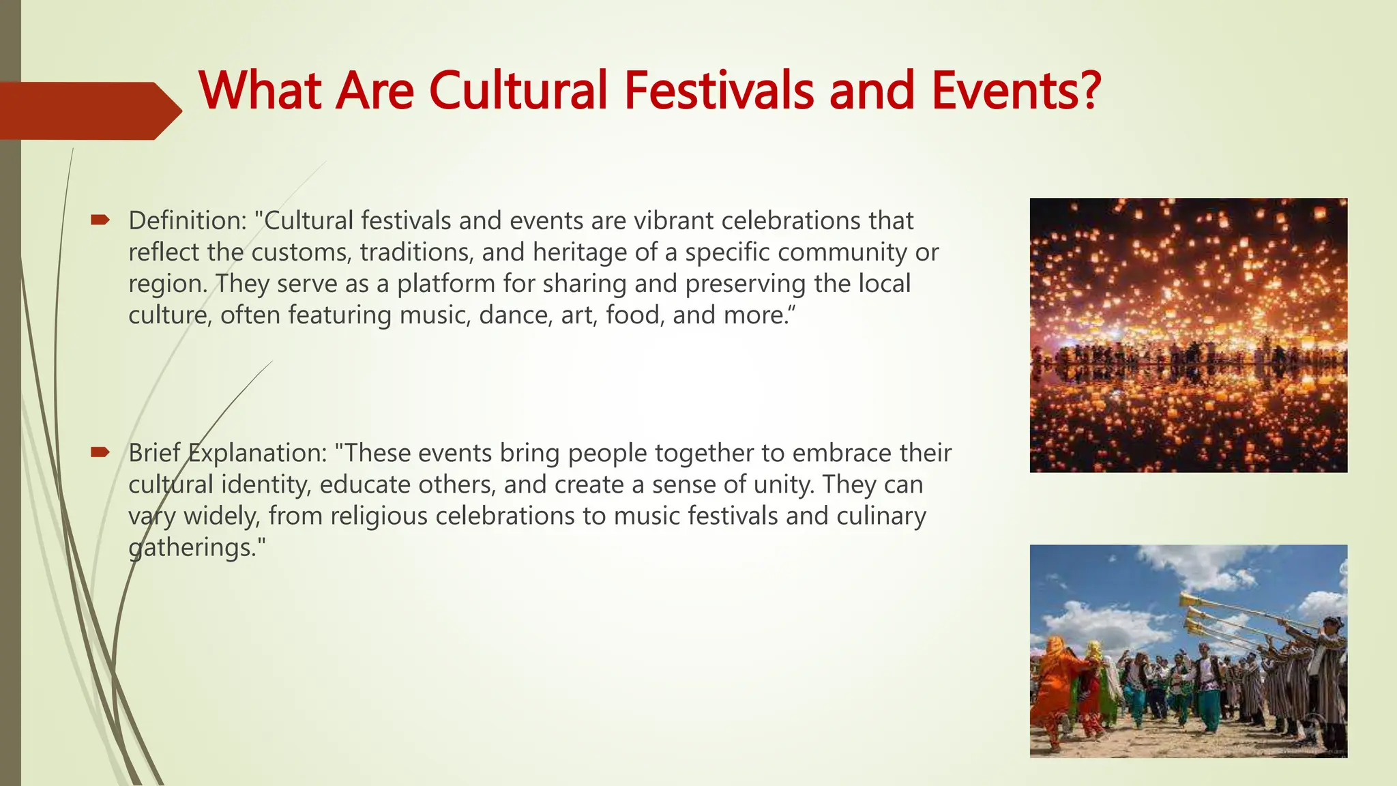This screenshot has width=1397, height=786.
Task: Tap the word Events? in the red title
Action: pos(1016,90)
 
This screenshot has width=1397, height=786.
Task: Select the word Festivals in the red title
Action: pos(718,90)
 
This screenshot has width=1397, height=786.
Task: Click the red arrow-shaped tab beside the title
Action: pos(89,111)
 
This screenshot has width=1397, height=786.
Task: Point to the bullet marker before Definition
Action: pos(100,220)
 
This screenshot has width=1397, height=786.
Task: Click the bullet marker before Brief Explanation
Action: pos(100,452)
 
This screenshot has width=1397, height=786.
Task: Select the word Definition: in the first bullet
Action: pos(187,221)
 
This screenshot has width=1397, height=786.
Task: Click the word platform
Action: pos(446,284)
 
